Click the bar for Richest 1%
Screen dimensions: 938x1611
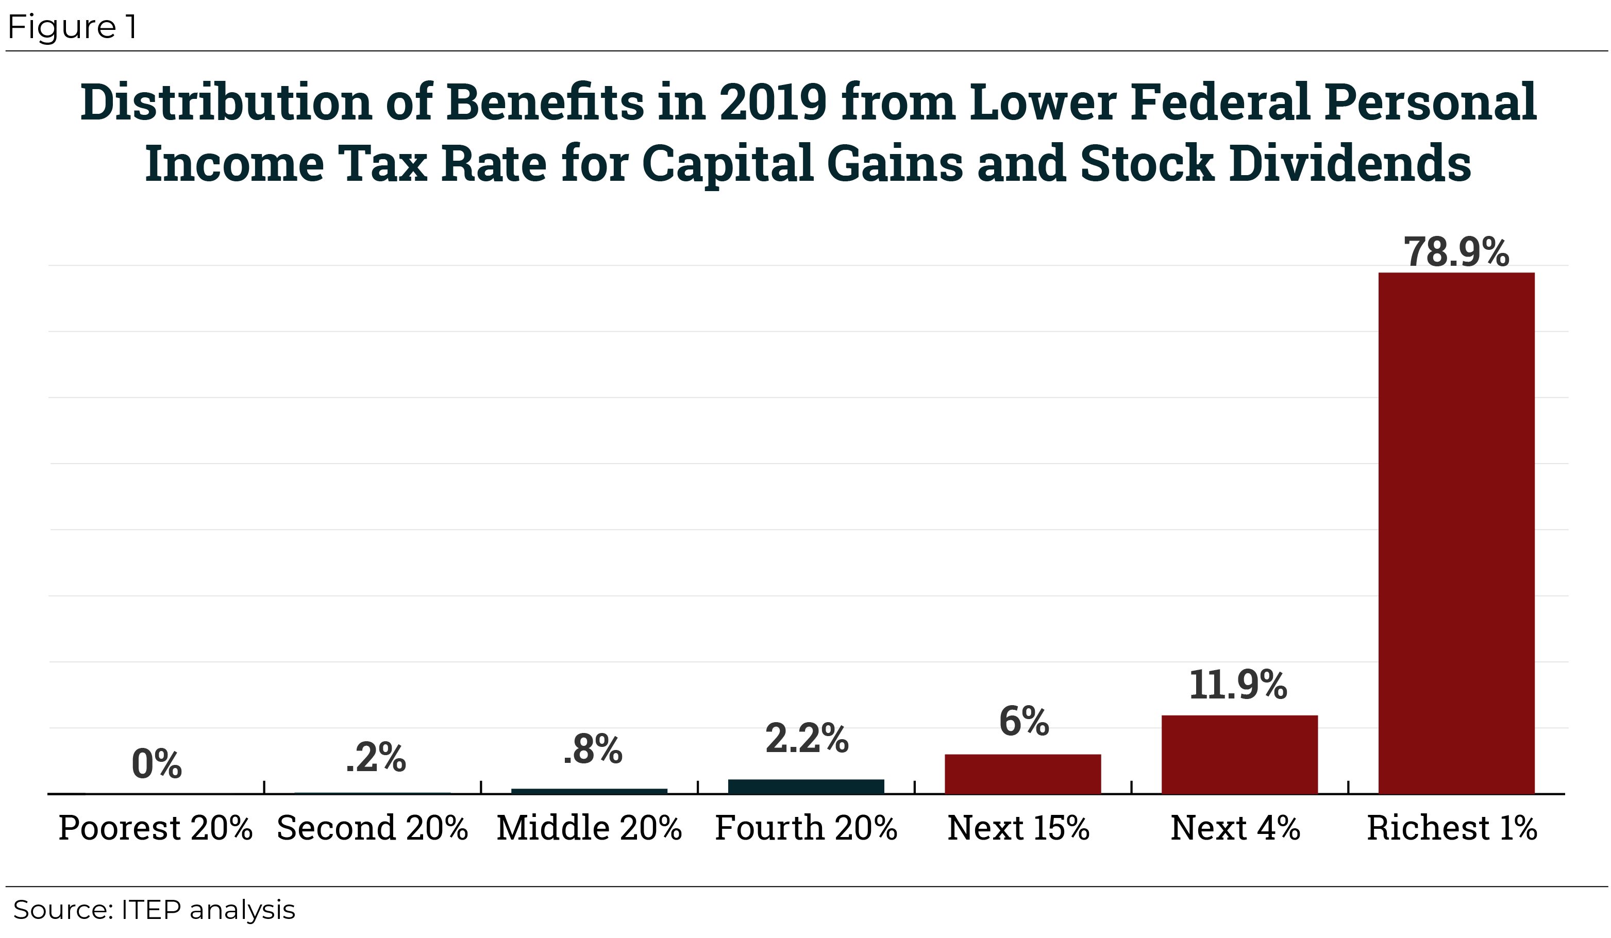pos(1456,533)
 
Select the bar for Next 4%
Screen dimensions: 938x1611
pos(1239,754)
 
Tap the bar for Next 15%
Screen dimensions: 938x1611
pos(1022,774)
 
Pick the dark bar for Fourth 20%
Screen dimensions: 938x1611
pos(805,787)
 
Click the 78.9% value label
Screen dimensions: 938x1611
pos(1456,252)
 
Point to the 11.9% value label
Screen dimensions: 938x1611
pos(1238,685)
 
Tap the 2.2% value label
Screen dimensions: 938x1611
pos(806,739)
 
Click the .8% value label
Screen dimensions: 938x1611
pos(592,749)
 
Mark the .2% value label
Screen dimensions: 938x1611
pos(375,758)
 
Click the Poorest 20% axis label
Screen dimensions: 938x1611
pos(155,828)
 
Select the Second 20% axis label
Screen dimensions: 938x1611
pos(372,828)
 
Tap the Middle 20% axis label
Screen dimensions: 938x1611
pos(589,828)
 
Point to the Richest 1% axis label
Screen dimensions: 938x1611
pos(1451,828)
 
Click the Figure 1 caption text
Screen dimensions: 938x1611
pos(72,27)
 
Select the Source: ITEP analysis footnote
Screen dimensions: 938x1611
pos(154,910)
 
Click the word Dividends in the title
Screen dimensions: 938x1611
pos(1350,163)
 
